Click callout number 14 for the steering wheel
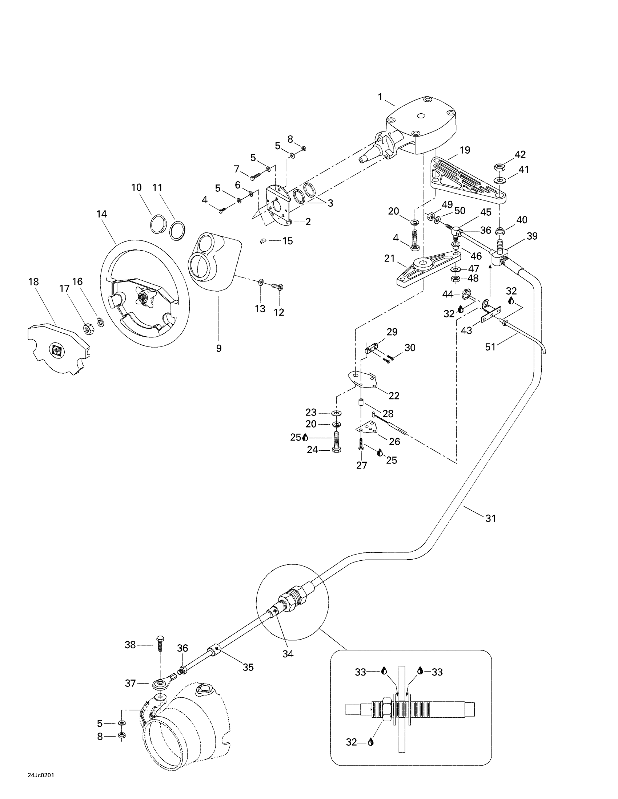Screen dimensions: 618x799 point(101,214)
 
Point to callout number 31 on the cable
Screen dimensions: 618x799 point(491,518)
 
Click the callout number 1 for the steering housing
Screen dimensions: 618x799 point(380,97)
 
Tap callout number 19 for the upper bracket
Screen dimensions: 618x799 point(465,150)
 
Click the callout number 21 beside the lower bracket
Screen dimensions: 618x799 point(390,259)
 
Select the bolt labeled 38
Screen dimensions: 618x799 point(160,645)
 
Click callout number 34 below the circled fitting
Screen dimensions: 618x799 point(288,654)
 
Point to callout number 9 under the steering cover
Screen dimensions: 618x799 point(218,348)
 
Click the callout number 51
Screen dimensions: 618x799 point(490,346)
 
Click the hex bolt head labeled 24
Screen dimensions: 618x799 point(336,449)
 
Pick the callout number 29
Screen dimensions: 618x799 point(392,332)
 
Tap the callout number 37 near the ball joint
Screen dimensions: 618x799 point(131,683)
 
